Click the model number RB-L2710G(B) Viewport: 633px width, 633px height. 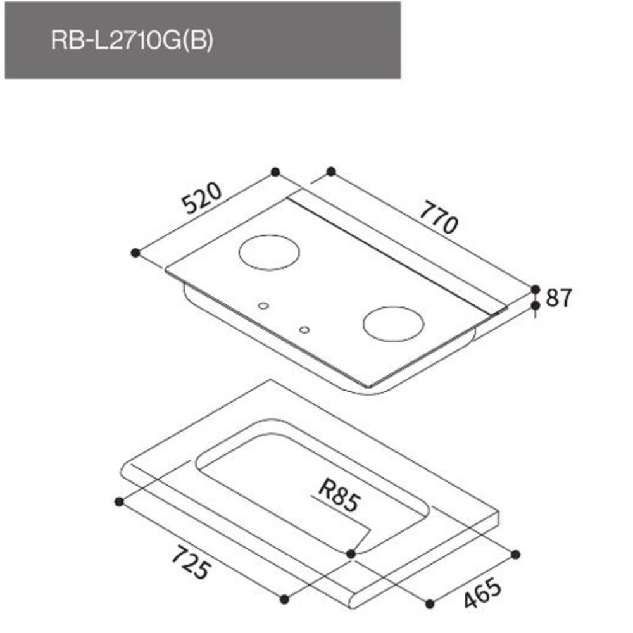click(132, 41)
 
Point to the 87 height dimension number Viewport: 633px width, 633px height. click(558, 298)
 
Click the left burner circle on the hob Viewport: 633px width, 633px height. click(269, 253)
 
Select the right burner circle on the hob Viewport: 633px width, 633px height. click(393, 323)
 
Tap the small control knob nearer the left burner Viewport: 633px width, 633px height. click(263, 306)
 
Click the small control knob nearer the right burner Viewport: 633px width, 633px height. click(305, 330)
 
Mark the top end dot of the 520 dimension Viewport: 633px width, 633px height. click(275, 172)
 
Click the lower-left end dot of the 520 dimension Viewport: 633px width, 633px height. click(135, 253)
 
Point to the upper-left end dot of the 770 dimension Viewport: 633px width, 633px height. click(330, 172)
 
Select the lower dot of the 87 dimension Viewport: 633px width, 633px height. click(536, 306)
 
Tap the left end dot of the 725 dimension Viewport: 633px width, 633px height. click(118, 501)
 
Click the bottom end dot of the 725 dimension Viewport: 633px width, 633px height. click(284, 599)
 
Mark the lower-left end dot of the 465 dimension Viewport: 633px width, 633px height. click(430, 604)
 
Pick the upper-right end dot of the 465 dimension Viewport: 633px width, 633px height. click(515, 554)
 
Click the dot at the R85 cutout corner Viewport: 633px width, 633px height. click(352, 554)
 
